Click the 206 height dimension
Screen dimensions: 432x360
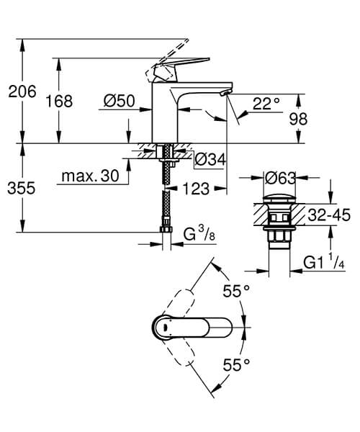[19, 91]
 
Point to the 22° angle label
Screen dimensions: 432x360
[267, 104]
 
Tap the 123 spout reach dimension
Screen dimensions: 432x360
[196, 189]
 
